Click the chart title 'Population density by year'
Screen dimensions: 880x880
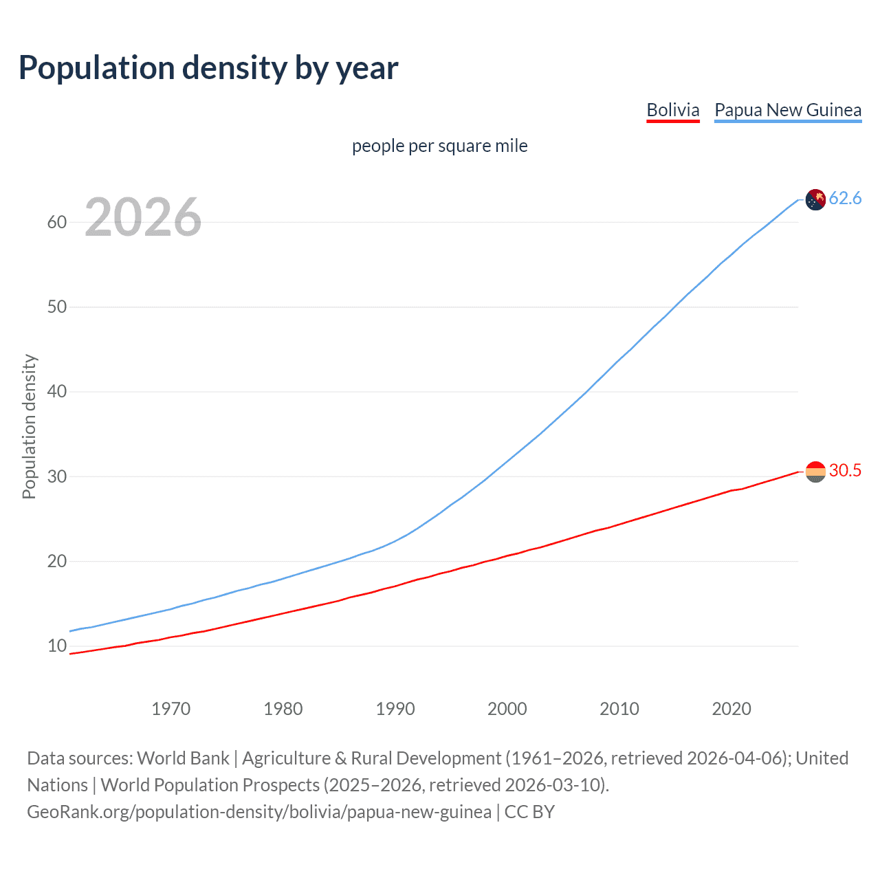pos(208,68)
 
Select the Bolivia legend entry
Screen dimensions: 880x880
pos(672,110)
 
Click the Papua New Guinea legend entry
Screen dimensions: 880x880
pos(788,110)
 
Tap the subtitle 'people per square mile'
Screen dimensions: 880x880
pos(439,146)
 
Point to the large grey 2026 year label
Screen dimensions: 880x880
pos(143,217)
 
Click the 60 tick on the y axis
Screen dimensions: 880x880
pos(56,222)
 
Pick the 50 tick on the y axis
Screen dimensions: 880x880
pos(56,307)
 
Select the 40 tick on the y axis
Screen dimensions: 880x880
pos(56,392)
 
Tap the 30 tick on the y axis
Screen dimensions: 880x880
pos(56,476)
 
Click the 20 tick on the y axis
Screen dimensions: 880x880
pos(56,561)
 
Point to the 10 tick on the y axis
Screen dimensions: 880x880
pos(56,646)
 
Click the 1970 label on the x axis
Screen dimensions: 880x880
pos(170,709)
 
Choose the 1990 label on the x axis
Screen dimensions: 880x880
pos(395,709)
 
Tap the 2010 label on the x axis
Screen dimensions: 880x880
pos(619,709)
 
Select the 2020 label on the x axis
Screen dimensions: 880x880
pos(731,709)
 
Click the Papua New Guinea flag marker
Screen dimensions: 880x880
pos(815,199)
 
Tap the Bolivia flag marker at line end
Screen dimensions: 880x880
pos(815,472)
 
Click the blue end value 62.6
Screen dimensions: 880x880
pos(845,199)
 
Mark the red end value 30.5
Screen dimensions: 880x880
pos(845,471)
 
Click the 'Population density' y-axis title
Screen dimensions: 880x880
pos(29,426)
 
